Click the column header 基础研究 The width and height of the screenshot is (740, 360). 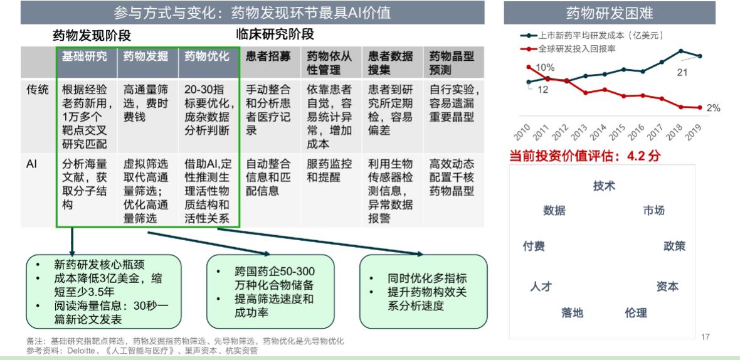click(x=85, y=56)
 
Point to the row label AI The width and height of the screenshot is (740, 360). click(x=31, y=164)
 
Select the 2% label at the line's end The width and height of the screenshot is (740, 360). click(x=714, y=108)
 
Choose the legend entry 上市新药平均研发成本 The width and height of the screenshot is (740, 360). click(x=592, y=35)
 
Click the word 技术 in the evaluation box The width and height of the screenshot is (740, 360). click(x=604, y=186)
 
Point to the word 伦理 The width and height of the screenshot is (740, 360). click(x=636, y=312)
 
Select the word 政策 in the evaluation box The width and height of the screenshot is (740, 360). click(x=674, y=246)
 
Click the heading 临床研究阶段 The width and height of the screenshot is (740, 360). click(x=275, y=34)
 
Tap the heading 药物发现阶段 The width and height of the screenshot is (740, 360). click(x=92, y=36)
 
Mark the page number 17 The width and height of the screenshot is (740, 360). click(x=706, y=337)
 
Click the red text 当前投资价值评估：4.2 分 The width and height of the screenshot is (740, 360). click(x=584, y=156)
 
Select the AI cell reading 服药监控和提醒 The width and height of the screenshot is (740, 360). click(x=329, y=171)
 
